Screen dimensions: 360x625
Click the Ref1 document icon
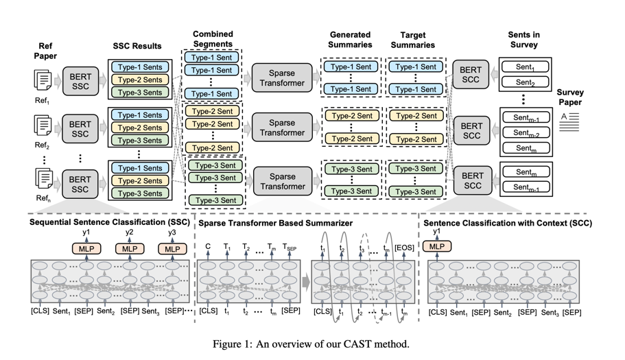point(43,80)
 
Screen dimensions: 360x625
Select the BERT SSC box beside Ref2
point(80,128)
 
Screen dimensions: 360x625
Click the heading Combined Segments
point(212,39)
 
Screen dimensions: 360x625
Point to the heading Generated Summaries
point(350,40)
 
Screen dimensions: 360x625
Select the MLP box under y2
point(129,248)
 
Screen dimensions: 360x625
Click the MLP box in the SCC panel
point(437,246)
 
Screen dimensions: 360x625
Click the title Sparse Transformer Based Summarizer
point(275,224)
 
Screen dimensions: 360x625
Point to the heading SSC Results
point(137,46)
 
